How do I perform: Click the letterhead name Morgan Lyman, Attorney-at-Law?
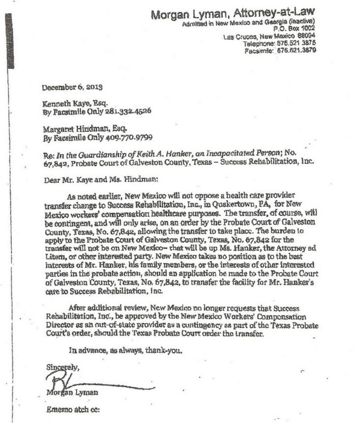tap(233, 13)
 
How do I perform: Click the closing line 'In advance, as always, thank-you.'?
tap(125, 350)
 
